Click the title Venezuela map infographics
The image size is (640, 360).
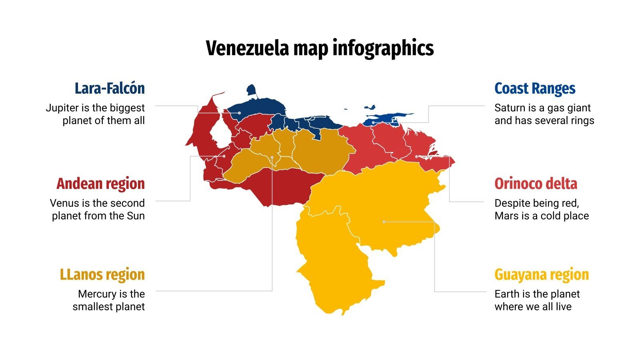point(320,48)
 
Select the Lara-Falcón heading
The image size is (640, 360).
point(110,88)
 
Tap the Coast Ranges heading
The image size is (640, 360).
point(534,88)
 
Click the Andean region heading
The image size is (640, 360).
point(100,184)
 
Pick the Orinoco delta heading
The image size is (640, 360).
point(536,184)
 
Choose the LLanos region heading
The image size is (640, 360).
point(102,274)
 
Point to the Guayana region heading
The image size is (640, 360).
point(542,274)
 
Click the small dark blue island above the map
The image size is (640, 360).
point(252,90)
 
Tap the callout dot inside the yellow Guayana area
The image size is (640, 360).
point(384,221)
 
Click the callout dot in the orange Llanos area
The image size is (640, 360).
point(272,157)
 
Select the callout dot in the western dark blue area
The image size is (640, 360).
point(239,113)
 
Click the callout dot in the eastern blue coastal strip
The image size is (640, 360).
point(373,122)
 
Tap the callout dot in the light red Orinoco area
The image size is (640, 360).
point(416,156)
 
